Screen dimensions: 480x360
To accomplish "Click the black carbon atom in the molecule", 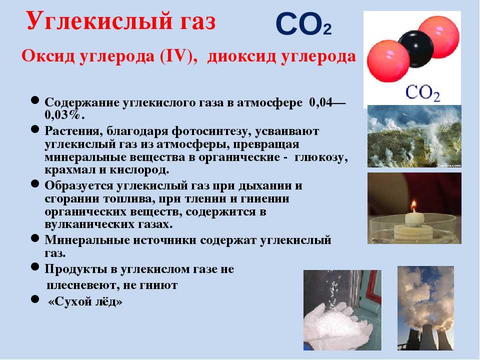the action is (415, 49).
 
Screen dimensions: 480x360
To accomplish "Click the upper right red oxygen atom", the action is (438, 37).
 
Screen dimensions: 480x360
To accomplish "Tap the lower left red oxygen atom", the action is (388, 61).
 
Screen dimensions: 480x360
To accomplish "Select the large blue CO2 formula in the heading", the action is (303, 24).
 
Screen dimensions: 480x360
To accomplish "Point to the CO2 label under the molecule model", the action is (423, 93).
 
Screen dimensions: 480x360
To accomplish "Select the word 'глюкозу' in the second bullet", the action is (321, 157).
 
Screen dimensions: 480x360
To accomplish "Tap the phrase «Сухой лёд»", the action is (85, 301).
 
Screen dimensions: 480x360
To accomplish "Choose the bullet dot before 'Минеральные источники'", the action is (35, 238).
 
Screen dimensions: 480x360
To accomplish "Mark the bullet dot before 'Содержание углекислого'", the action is (35, 100).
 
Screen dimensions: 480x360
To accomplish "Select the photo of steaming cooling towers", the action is (425, 308).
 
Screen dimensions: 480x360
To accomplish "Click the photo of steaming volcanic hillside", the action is (414, 136).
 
